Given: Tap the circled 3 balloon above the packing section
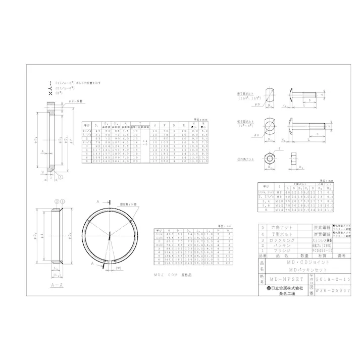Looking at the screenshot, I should pyautogui.click(x=62, y=201).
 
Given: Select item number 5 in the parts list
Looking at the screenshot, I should pyautogui.click(x=261, y=228).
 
